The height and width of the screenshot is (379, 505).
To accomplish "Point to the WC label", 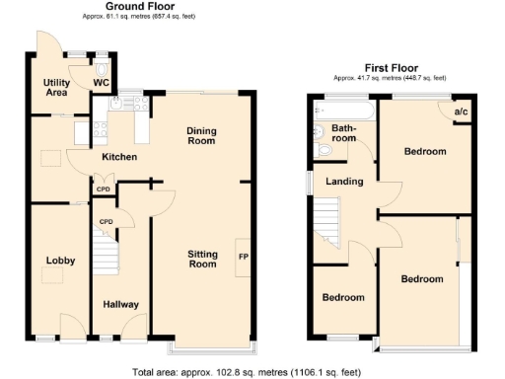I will (101, 83).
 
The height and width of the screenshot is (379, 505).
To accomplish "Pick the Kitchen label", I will (117, 157).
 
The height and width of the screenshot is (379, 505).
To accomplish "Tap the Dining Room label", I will (202, 136).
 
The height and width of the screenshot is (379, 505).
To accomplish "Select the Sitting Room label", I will (202, 260).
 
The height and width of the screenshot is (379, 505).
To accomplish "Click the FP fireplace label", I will (243, 258).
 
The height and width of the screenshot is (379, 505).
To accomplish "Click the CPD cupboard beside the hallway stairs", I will (106, 221).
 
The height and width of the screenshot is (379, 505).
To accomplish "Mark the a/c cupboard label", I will (461, 113).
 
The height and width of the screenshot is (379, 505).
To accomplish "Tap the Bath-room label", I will (343, 133).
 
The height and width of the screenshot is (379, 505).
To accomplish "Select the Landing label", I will (344, 182).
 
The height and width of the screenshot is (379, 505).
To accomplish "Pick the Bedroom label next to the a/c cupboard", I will (425, 151).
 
